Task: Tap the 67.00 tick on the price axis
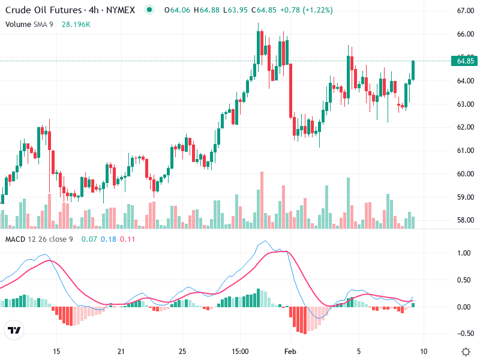click(466, 11)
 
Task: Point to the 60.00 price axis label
click(466, 174)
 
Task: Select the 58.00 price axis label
click(466, 220)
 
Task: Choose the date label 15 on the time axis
click(56, 351)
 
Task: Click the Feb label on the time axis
click(290, 351)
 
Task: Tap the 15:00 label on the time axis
click(240, 351)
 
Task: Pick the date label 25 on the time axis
click(183, 351)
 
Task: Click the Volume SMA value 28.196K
click(76, 24)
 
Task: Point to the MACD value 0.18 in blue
click(109, 239)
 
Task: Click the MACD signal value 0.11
click(127, 239)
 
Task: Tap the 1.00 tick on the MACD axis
click(464, 253)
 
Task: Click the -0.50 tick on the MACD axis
click(462, 334)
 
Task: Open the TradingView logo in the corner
click(14, 331)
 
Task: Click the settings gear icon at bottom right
click(466, 351)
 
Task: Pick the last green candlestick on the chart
click(413, 70)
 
